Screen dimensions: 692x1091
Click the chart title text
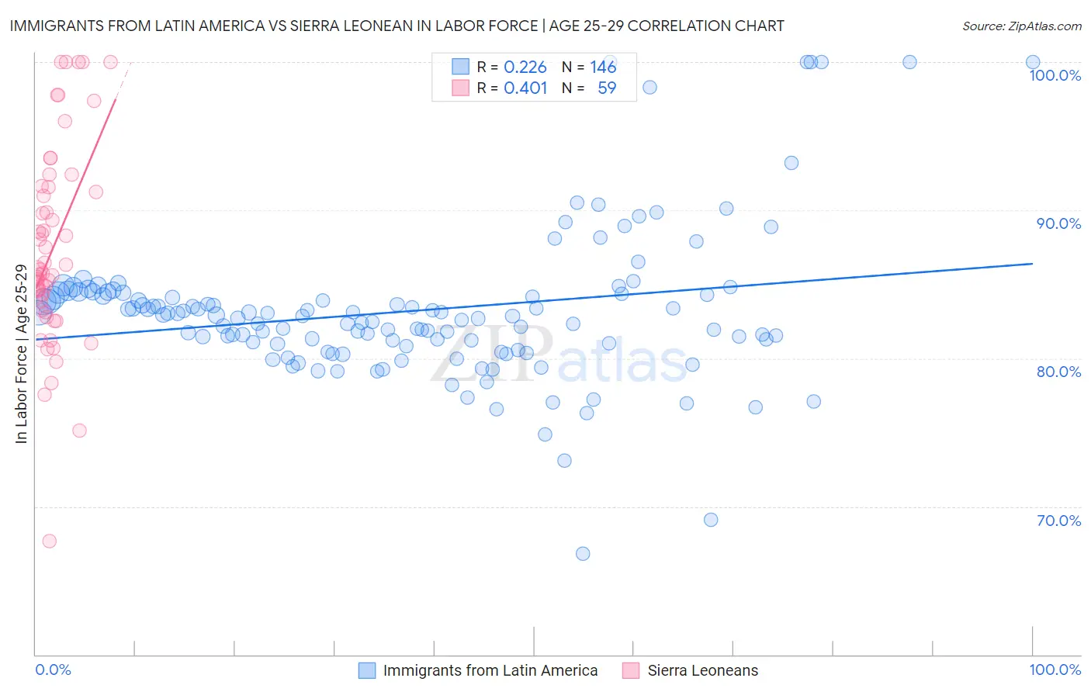(396, 26)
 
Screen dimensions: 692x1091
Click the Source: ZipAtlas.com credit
(1021, 26)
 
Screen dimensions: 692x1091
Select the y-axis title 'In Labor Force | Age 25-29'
(21, 354)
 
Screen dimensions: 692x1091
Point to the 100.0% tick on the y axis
(1055, 75)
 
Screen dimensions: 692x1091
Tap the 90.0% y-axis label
(1058, 223)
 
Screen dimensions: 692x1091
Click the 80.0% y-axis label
(1058, 372)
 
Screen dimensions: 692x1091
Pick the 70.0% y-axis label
(1058, 521)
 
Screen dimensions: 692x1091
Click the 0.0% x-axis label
(53, 670)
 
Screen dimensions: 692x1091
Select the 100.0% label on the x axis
(1055, 670)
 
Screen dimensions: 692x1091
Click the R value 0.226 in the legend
(525, 67)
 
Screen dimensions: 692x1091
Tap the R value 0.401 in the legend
(525, 88)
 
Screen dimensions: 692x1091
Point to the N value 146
(603, 67)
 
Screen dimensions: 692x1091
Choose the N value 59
(607, 88)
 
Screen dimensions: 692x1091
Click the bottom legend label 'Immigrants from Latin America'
(490, 670)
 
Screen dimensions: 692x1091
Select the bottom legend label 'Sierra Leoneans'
(703, 670)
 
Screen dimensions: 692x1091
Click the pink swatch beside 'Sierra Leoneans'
(631, 670)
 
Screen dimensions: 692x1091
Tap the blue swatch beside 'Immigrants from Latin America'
(367, 670)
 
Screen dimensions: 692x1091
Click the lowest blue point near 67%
(583, 554)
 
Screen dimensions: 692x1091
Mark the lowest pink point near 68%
(50, 541)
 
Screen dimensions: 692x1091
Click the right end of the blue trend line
(1032, 264)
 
